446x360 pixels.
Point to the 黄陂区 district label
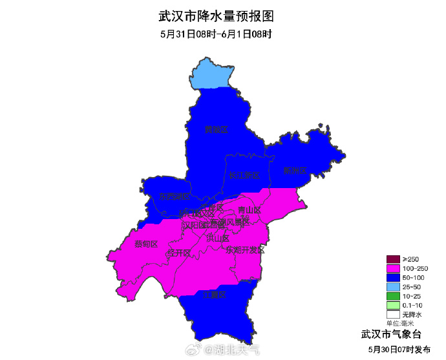[x=217, y=129]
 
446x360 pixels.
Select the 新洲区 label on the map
[x=295, y=171]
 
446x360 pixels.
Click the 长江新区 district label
[x=244, y=175]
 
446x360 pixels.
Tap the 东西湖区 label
[x=175, y=196]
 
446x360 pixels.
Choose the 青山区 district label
[x=249, y=210]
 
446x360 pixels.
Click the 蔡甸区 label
[x=146, y=244]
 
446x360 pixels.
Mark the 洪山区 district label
[x=218, y=238]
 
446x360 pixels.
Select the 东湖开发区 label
[x=245, y=249]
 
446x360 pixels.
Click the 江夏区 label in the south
[x=214, y=295]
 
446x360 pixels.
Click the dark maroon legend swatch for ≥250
[x=394, y=259]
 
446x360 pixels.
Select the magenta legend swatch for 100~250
[x=394, y=268]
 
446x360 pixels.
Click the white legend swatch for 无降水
[x=394, y=314]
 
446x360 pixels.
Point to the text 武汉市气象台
[x=390, y=334]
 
